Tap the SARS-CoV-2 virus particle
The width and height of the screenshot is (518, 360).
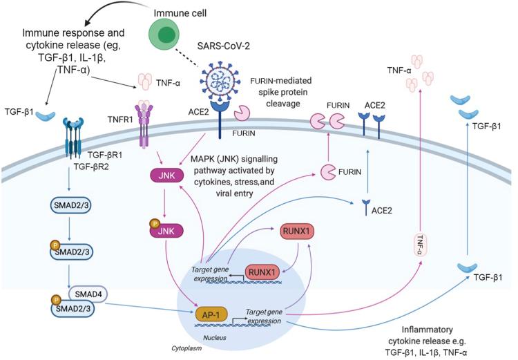[218, 80]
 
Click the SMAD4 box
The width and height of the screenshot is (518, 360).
[88, 294]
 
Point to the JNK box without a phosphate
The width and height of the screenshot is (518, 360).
[166, 176]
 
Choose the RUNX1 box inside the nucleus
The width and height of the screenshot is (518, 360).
[262, 272]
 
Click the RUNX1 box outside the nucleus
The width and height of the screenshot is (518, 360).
[296, 231]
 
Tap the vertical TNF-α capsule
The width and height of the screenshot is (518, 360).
[420, 245]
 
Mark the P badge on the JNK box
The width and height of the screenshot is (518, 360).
[154, 224]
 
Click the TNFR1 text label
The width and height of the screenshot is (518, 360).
[120, 120]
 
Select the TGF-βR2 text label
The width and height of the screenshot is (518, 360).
[91, 167]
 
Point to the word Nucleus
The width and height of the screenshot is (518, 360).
[215, 337]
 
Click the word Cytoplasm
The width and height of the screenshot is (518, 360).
[186, 348]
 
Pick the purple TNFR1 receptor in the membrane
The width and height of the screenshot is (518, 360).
[144, 124]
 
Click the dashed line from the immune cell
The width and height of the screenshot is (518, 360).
[186, 58]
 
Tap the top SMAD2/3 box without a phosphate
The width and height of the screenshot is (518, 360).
[70, 205]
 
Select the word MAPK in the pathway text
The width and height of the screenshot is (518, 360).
[202, 159]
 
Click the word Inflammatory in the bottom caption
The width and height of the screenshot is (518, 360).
[427, 330]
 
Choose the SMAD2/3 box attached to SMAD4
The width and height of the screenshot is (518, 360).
[72, 309]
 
